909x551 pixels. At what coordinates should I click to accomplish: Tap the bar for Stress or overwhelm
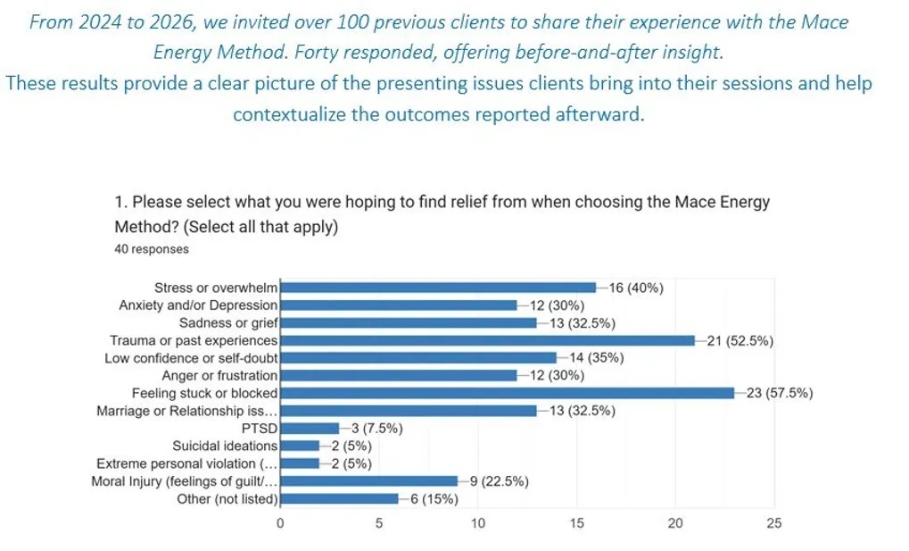coord(438,288)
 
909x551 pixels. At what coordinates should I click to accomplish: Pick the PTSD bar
coord(310,428)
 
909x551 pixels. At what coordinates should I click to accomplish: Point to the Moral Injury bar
coord(368,481)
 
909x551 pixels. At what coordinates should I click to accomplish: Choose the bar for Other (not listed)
coord(339,498)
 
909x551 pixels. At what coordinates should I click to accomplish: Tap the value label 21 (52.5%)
coord(740,340)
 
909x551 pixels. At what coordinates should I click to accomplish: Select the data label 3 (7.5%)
coord(376,428)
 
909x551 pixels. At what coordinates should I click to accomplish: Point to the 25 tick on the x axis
coord(773,523)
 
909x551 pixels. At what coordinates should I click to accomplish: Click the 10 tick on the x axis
coord(478,523)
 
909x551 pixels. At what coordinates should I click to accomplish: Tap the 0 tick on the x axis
coord(280,523)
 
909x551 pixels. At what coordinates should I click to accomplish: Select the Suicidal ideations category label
coord(225,446)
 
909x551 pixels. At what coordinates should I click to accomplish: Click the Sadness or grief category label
coord(228,322)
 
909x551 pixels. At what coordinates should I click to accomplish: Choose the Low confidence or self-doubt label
coord(191,358)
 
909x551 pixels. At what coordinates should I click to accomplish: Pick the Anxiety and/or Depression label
coord(198,305)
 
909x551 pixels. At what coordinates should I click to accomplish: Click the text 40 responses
coord(152,249)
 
